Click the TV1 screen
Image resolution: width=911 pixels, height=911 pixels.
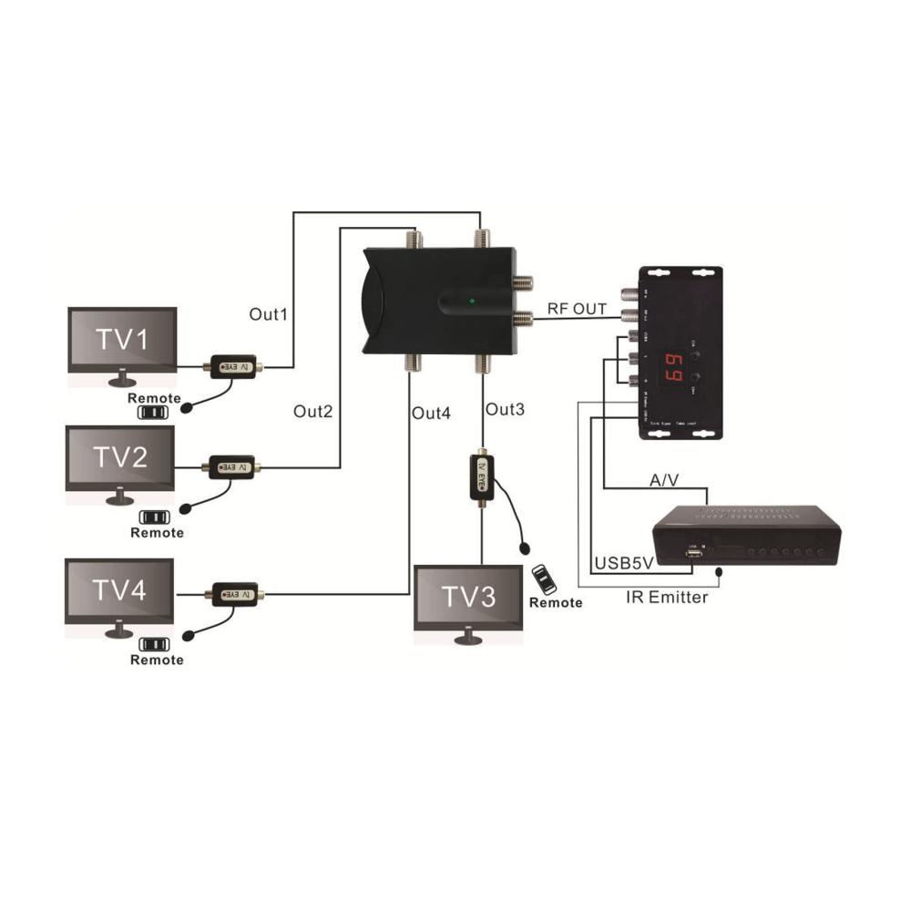(x=123, y=340)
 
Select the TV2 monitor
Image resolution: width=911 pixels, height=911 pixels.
(x=120, y=458)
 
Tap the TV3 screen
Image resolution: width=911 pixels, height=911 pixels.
(x=468, y=598)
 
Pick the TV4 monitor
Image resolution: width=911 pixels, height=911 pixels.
(x=119, y=590)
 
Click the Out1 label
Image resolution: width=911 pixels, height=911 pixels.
(x=269, y=314)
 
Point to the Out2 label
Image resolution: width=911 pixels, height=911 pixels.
(x=312, y=411)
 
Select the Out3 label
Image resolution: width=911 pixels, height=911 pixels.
(x=505, y=410)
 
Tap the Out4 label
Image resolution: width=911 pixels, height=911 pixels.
(x=431, y=414)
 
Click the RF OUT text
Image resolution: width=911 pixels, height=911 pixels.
(x=577, y=310)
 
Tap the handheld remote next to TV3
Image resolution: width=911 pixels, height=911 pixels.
(x=546, y=579)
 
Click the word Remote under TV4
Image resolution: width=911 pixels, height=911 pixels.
(x=157, y=660)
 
